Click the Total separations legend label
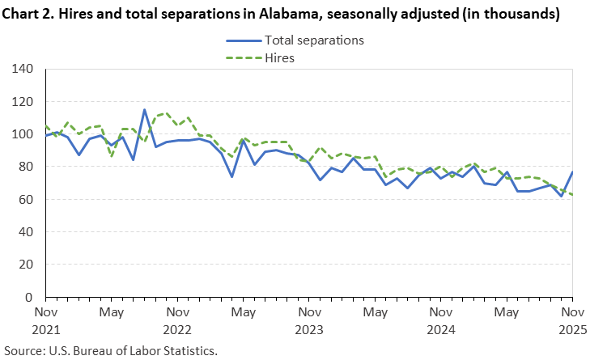tap(314, 40)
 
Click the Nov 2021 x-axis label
tap(45, 320)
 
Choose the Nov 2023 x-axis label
tap(308, 320)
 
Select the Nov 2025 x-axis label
tap(571, 320)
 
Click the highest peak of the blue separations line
tap(144, 110)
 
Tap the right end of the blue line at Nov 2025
tap(572, 172)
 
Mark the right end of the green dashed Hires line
tap(572, 194)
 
